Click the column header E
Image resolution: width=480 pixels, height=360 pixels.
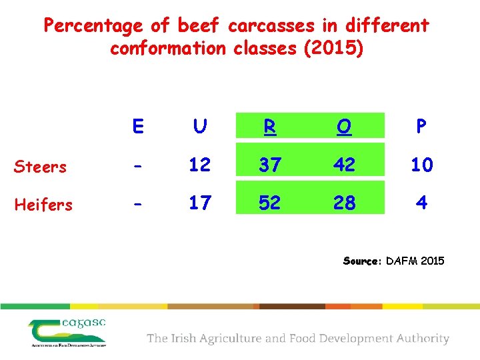pos(138,127)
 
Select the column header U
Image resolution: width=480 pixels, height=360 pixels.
pos(199,127)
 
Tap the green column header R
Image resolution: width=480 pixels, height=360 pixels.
pos(269,127)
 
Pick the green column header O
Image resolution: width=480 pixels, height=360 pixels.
pos(344,127)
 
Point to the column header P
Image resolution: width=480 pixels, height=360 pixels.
pos(421,127)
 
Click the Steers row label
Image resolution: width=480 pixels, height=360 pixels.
pos(41,167)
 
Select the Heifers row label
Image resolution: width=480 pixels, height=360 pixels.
pos(43,205)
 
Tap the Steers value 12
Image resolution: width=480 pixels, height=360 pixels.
pos(199,165)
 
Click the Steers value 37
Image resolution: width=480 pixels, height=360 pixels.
pos(269,165)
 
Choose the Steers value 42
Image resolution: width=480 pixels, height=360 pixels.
pos(344,165)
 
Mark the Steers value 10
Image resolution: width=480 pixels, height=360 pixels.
pos(421,165)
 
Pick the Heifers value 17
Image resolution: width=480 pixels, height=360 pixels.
pos(199,203)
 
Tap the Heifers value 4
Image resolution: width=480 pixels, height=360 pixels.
pos(421,203)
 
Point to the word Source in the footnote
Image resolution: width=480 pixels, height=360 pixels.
pos(361,261)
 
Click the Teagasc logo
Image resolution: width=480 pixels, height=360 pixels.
pos(67,331)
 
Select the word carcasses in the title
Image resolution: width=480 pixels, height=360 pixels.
pos(271,26)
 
